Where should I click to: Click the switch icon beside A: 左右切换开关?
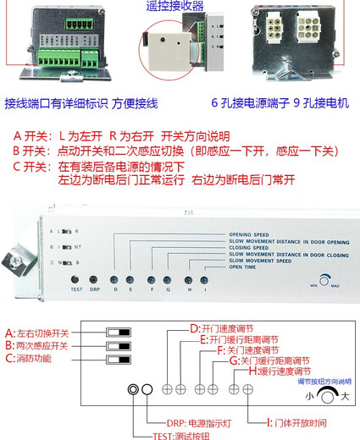point(119,333)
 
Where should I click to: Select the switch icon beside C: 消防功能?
point(119,360)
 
